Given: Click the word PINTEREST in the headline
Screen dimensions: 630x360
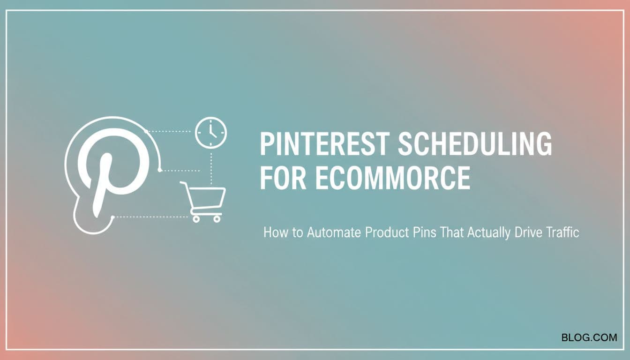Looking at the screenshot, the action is [x=324, y=144].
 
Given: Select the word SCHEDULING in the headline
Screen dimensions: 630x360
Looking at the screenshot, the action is [x=475, y=144].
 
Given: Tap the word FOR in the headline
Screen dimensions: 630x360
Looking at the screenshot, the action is [x=283, y=178].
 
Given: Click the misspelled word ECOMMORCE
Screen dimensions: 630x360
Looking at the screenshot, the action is [x=393, y=178].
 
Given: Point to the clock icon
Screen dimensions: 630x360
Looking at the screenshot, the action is [x=211, y=133].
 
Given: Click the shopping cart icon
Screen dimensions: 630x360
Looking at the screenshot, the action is [x=203, y=202].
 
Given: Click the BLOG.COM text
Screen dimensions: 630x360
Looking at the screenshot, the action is [x=589, y=337].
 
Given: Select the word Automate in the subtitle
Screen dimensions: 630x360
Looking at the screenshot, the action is [x=334, y=232].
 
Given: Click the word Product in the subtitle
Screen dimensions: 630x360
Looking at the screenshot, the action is [x=387, y=232].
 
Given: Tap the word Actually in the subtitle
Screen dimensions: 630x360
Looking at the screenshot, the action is [x=489, y=233].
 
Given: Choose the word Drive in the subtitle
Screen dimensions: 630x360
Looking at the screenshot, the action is [x=528, y=232].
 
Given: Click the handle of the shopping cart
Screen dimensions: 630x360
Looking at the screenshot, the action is [x=183, y=183].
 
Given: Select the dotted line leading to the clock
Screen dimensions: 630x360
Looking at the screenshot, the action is [x=168, y=131].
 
